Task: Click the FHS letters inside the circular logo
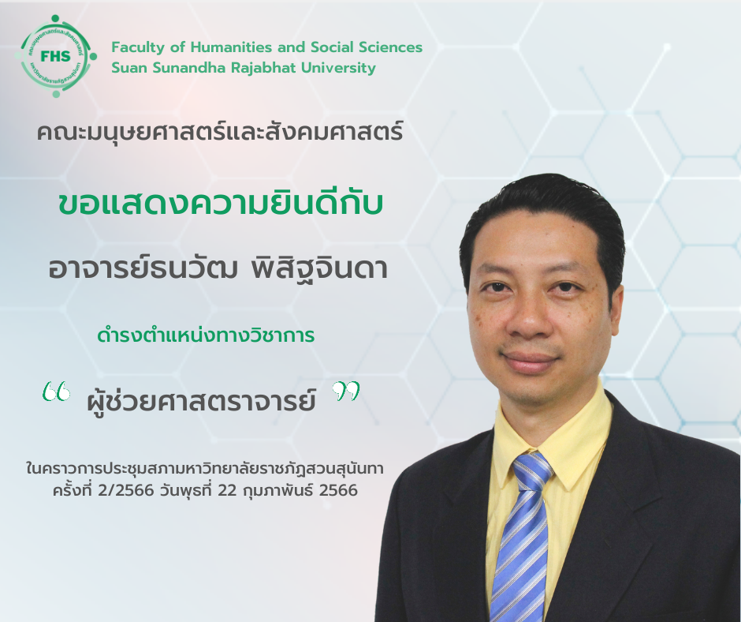(56, 56)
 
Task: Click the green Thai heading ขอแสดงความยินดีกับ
(220, 204)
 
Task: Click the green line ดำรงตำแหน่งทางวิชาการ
(206, 335)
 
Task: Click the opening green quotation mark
(56, 392)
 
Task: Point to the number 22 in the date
(226, 491)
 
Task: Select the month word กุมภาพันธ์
(277, 490)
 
